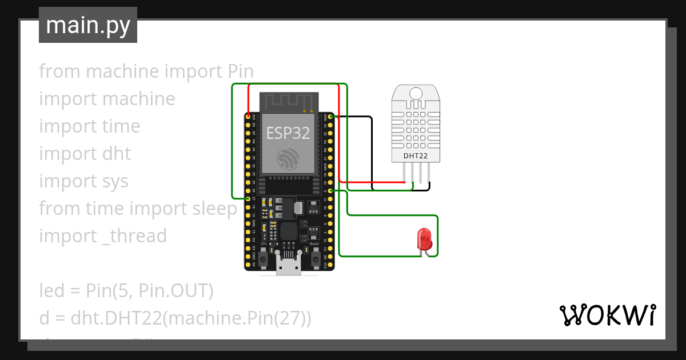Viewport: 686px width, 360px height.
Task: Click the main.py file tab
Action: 87,25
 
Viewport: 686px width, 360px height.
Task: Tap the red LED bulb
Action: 424,238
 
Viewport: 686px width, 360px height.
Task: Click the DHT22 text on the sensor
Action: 416,155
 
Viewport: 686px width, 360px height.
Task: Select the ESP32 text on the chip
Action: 288,133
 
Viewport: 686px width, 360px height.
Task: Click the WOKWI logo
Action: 607,315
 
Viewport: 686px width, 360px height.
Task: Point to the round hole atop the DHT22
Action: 416,93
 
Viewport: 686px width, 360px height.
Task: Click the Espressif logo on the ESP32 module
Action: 288,158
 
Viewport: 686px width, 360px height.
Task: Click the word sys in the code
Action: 115,181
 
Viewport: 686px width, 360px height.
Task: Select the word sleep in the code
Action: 215,209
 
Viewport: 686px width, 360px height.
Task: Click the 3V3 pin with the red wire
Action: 248,117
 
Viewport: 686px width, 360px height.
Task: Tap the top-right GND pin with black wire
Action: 330,117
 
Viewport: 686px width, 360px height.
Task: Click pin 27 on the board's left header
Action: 248,198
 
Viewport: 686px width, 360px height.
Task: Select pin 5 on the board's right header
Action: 330,190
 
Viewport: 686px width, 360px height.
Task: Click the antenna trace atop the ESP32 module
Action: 289,101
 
